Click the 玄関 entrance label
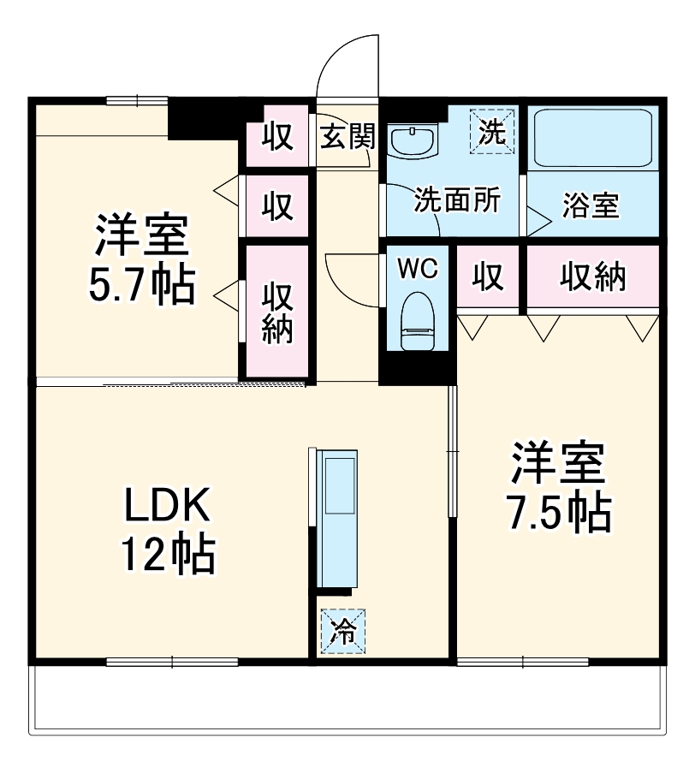(x=347, y=135)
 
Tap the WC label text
(x=417, y=269)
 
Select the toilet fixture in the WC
(x=417, y=320)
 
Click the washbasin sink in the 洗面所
(x=413, y=139)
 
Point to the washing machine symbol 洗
(x=493, y=131)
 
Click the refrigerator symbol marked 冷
(x=342, y=632)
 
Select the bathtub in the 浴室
(x=592, y=139)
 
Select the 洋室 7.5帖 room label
(x=560, y=486)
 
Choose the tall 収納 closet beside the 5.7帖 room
(x=276, y=312)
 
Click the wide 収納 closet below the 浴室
(x=593, y=276)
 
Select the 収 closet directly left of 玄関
(x=276, y=136)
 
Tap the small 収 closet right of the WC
(x=489, y=276)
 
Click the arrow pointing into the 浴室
(x=539, y=222)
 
